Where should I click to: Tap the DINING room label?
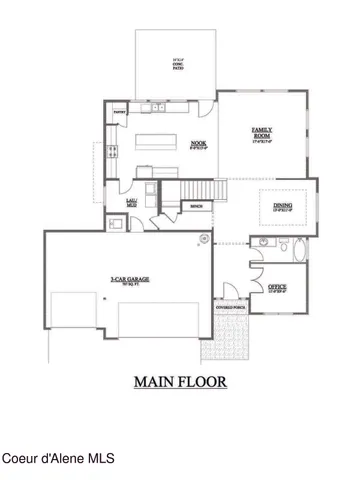[x=283, y=207]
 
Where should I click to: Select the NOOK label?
[x=198, y=143]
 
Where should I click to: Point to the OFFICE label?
[x=278, y=287]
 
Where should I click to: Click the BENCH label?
[x=197, y=206]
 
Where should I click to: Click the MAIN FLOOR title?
[x=181, y=381]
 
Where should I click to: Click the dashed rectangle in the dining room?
[x=284, y=206]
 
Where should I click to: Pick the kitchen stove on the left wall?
[x=111, y=152]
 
